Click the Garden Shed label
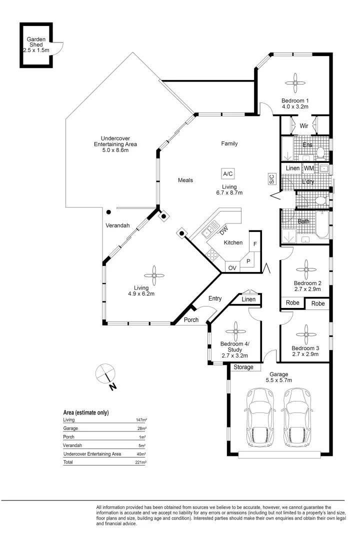click(x=36, y=42)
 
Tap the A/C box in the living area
click(x=227, y=174)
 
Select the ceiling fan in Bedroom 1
click(x=295, y=82)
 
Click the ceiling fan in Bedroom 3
click(x=306, y=334)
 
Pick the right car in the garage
click(x=298, y=416)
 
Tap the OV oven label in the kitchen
click(x=232, y=268)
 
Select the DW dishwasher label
click(x=224, y=230)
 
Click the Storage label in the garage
click(x=243, y=367)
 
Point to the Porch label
click(x=191, y=319)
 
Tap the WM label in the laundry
click(x=308, y=168)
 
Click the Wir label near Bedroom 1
click(x=304, y=125)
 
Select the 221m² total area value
click(x=140, y=462)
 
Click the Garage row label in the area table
click(x=70, y=428)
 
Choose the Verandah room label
click(x=117, y=225)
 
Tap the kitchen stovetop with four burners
click(x=211, y=255)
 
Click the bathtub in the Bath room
click(x=322, y=224)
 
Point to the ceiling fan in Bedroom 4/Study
click(x=236, y=331)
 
